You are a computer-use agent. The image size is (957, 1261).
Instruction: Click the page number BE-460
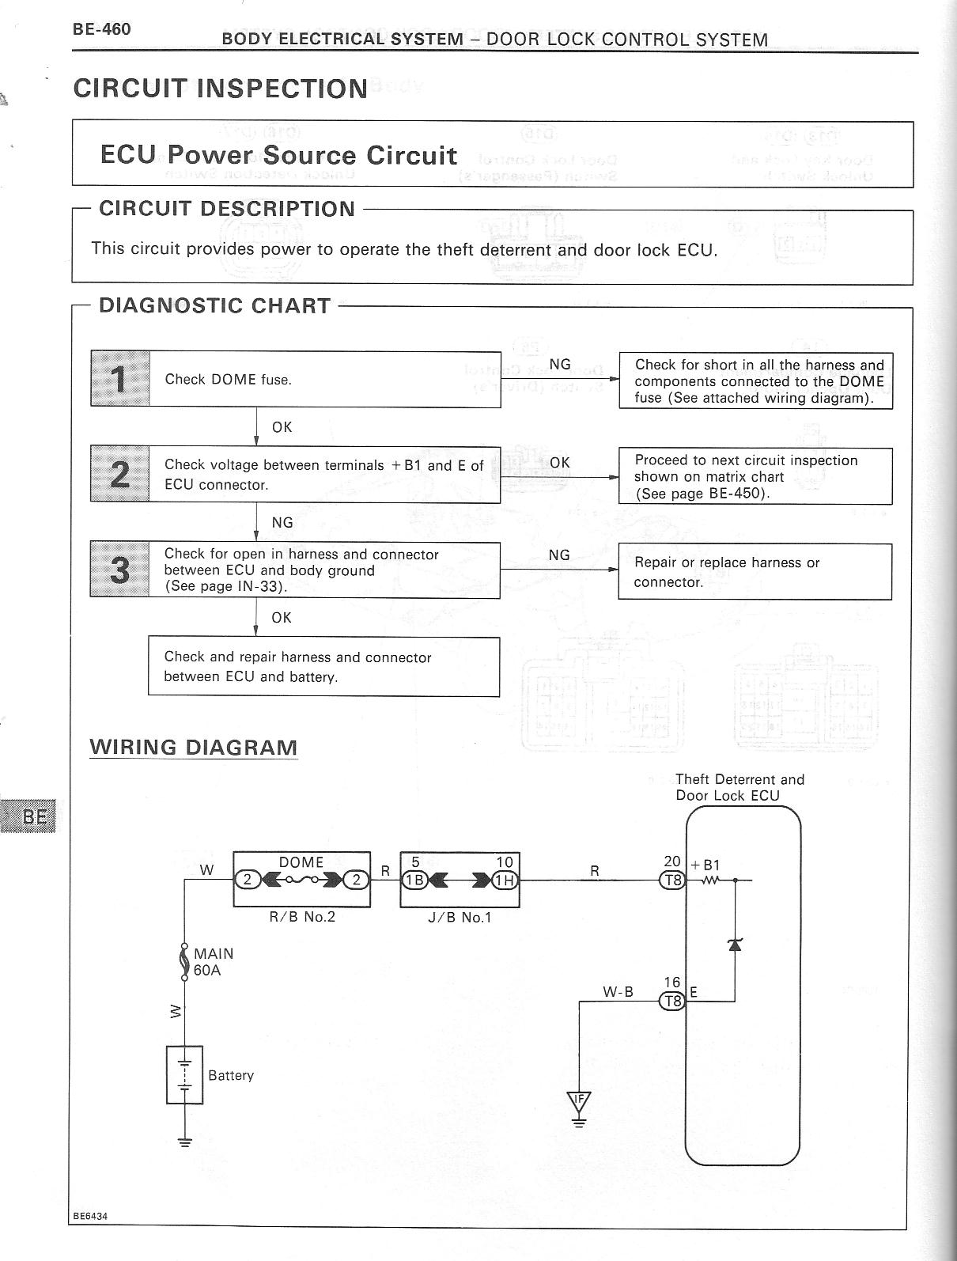pos(102,30)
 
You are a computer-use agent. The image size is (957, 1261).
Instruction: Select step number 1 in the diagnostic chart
pos(120,379)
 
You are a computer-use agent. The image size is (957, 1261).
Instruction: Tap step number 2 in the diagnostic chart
pos(120,474)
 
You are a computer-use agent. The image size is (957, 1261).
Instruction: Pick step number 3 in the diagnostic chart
pos(120,570)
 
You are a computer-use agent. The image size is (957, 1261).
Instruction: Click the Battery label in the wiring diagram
pos(231,1076)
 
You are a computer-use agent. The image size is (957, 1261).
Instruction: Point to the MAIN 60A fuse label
pos(214,962)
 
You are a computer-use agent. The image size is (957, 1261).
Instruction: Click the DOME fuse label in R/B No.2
pos(301,862)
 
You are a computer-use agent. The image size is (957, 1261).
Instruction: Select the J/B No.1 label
pos(460,918)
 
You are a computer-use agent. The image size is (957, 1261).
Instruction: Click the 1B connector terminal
pos(415,880)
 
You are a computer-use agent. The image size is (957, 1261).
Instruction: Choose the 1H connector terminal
pos(505,880)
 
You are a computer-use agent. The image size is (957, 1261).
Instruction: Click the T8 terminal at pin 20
pos(672,880)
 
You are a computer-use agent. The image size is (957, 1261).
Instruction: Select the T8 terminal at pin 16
pos(672,1001)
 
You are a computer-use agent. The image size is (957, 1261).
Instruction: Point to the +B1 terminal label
pos(705,865)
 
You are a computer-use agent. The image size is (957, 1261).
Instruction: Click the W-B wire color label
pos(618,991)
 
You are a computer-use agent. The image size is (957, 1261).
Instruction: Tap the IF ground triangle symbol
pos(579,1099)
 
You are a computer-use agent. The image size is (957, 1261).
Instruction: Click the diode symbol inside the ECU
pos(736,943)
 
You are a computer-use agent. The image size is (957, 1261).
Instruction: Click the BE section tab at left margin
pos(34,816)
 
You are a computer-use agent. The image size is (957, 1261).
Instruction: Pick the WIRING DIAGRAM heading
pos(194,748)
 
